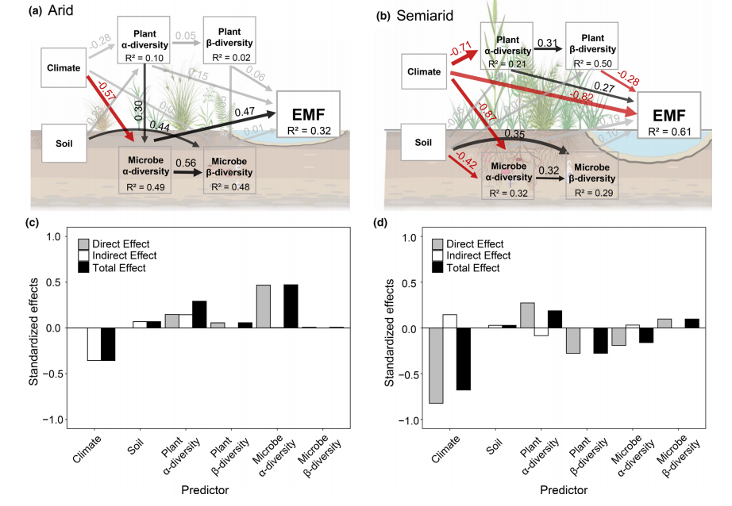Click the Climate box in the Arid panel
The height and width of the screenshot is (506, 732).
pos(64,67)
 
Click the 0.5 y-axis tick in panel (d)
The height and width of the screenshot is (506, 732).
pos(410,283)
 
